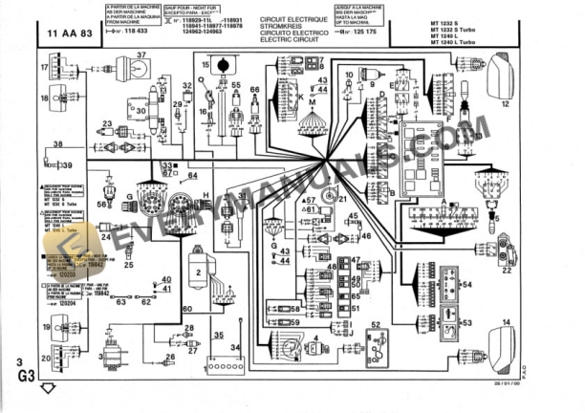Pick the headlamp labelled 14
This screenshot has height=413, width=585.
[x=502, y=339]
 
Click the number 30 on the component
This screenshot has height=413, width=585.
[x=141, y=110]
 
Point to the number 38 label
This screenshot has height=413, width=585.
[x=58, y=144]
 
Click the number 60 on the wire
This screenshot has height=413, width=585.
[x=187, y=308]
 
